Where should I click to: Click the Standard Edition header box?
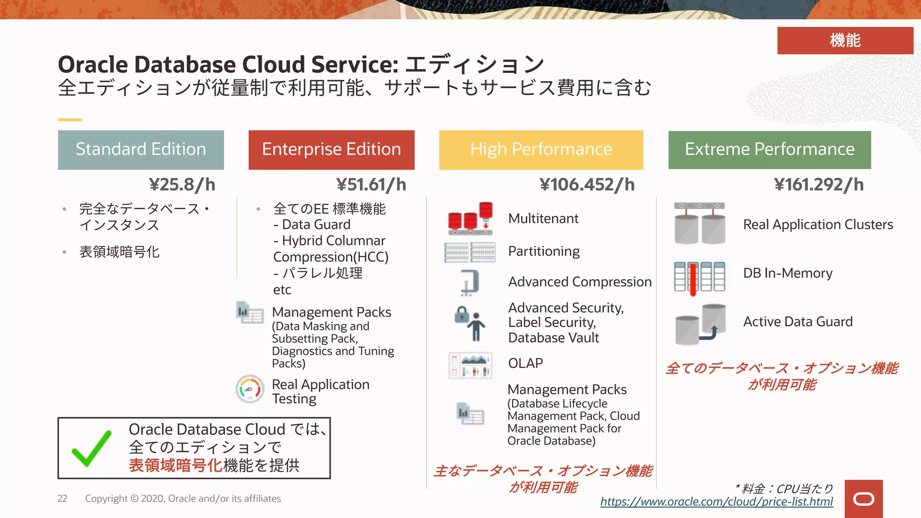click(x=141, y=150)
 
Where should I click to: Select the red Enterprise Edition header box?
click(x=331, y=150)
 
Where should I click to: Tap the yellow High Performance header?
click(x=541, y=150)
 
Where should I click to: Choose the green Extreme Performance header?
click(x=769, y=150)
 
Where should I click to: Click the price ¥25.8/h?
click(x=182, y=185)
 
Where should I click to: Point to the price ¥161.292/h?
click(x=818, y=185)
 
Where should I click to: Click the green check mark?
click(x=91, y=448)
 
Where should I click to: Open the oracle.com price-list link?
click(x=716, y=502)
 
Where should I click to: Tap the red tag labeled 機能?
click(x=845, y=40)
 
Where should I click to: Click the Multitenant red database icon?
click(x=470, y=219)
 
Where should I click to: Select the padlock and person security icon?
click(x=470, y=323)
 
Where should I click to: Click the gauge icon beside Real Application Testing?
click(x=250, y=389)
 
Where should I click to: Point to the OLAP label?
click(x=525, y=363)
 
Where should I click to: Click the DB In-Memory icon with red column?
click(x=699, y=277)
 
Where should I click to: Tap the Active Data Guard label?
click(x=798, y=322)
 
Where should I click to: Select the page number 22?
click(x=62, y=499)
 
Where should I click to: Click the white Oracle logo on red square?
click(x=863, y=499)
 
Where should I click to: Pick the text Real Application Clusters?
click(x=818, y=225)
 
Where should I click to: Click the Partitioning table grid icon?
click(x=470, y=252)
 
